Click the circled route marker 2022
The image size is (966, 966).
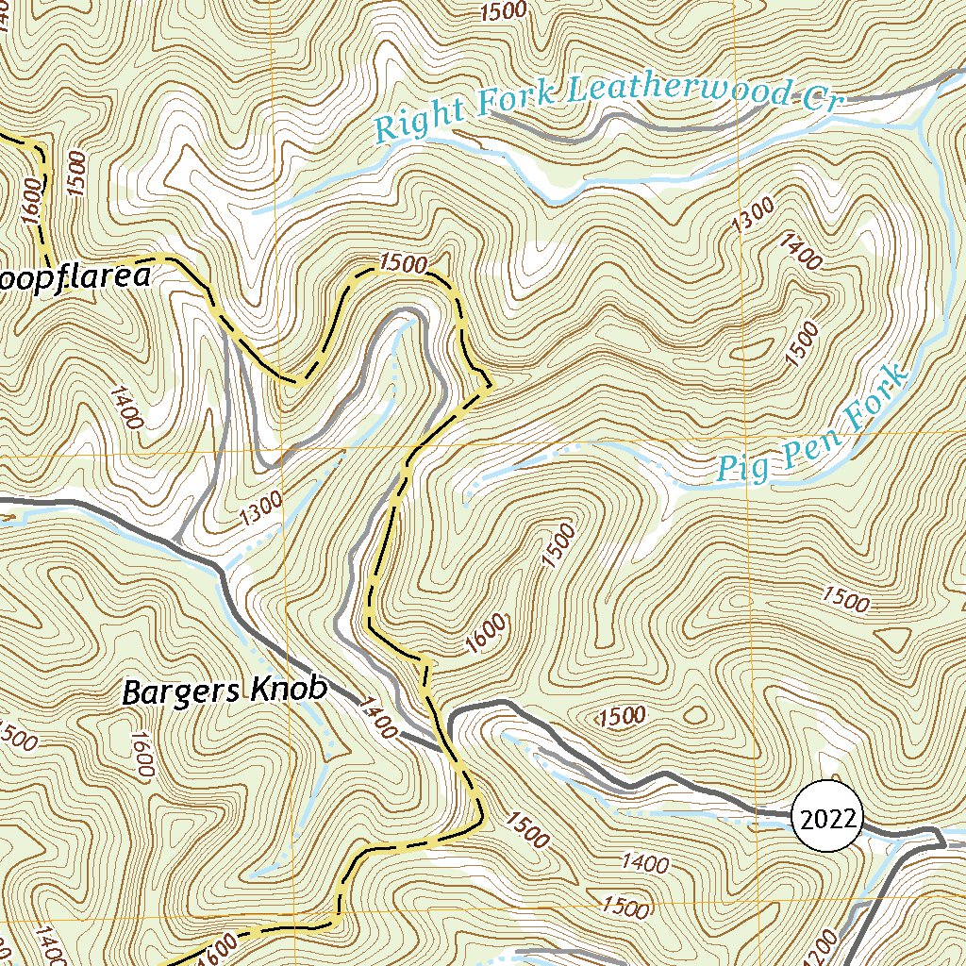826,818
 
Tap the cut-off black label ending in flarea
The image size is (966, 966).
75,278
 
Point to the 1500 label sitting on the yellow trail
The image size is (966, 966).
404,263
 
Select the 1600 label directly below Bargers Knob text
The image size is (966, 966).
142,755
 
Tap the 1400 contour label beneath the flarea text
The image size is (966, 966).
125,407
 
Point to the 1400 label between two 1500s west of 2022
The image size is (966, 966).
645,863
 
